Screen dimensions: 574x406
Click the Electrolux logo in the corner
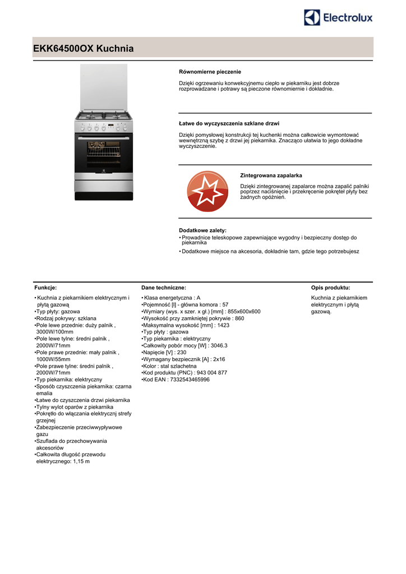pos(338,17)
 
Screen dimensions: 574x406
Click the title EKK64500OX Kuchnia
pos(84,49)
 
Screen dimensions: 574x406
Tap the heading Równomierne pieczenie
pos(210,72)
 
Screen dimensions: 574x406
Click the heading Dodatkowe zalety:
pos(202,230)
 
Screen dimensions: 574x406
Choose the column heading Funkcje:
pos(46,287)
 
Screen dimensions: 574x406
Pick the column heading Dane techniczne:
pos(164,287)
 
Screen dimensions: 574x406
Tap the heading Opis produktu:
pos(330,287)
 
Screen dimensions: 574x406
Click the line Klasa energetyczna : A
pos(172,298)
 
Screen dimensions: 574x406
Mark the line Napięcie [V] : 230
pos(165,352)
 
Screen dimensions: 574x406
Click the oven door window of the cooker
pos(104,153)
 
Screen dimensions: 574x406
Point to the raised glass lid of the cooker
pos(104,87)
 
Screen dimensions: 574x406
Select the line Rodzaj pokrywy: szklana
pos(66,318)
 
